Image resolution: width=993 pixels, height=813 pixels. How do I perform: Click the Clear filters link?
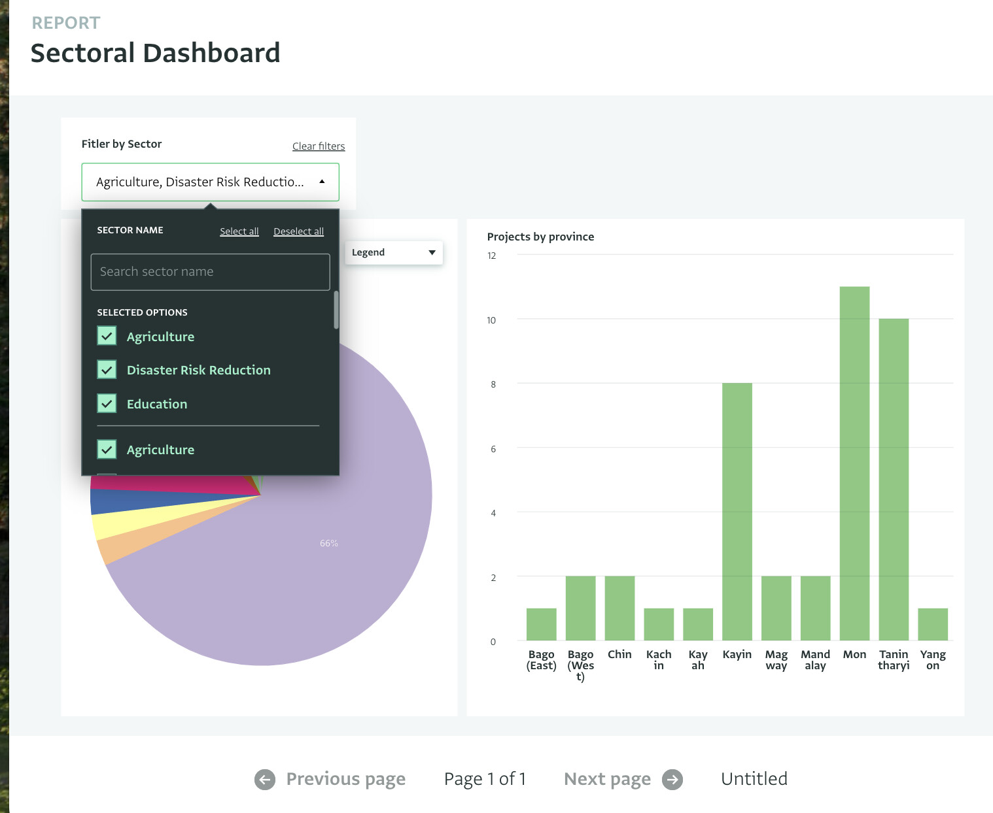318,146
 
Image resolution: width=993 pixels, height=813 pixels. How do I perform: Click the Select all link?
239,231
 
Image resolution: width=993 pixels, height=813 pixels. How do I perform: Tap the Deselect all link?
298,231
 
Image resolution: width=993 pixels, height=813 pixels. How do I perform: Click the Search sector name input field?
210,272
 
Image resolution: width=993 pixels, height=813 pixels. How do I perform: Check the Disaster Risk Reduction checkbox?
107,370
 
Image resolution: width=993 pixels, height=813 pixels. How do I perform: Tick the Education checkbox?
107,404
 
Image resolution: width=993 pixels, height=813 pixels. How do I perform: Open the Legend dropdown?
394,253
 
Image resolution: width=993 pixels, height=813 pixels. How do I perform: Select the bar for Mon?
854,463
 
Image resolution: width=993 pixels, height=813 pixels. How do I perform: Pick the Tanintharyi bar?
894,480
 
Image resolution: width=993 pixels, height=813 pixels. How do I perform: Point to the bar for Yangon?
932,624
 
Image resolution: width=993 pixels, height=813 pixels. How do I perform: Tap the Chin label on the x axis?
619,654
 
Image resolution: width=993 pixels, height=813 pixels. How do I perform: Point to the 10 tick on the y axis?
491,320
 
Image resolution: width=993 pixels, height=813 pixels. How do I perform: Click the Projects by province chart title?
540,237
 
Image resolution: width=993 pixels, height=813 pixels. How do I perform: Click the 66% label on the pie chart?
329,543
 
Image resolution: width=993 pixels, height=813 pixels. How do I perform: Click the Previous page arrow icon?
265,779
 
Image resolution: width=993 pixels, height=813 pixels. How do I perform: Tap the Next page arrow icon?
672,779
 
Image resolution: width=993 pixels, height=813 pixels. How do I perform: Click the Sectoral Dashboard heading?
155,53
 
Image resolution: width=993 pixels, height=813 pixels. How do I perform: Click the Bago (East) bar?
541,624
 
